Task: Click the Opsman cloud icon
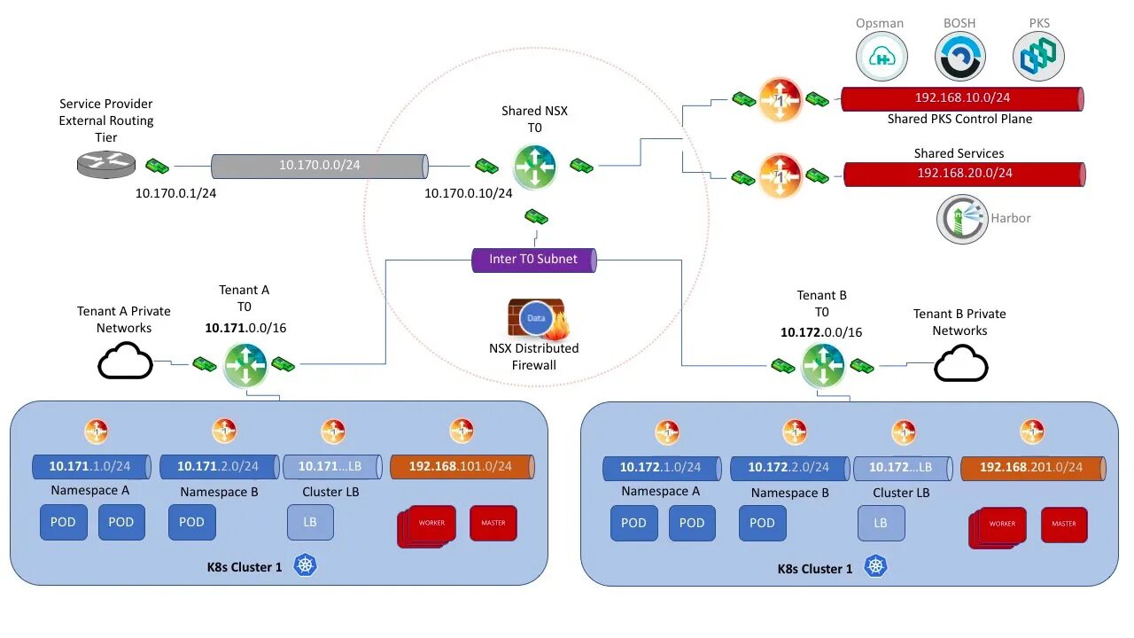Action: point(882,56)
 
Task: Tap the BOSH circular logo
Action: point(959,56)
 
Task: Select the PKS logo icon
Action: point(1037,56)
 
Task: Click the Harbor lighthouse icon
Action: point(962,219)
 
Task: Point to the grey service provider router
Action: point(105,164)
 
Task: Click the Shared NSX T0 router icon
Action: point(534,166)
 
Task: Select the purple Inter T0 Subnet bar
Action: point(533,260)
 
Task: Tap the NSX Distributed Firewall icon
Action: point(536,320)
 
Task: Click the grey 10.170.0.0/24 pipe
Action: point(319,166)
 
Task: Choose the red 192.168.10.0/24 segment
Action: point(961,98)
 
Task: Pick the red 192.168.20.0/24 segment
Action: point(964,175)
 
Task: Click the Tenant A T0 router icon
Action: point(245,363)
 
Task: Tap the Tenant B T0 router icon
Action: point(823,364)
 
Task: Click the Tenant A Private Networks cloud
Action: point(125,362)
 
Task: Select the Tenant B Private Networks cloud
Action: point(960,363)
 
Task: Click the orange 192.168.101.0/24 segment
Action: point(462,467)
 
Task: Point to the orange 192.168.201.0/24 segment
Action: point(1032,468)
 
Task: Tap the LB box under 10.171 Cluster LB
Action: point(310,523)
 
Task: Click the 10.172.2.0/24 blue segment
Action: point(788,468)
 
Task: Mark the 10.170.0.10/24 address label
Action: point(468,192)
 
